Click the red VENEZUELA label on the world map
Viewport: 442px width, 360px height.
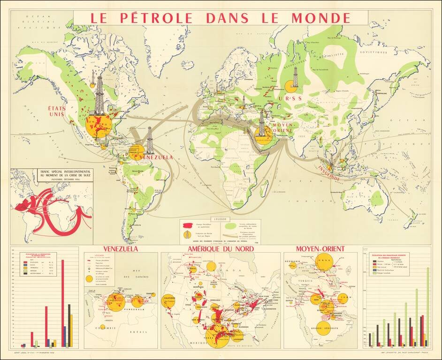coord(157,157)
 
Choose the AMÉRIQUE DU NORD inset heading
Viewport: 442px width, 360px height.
coord(221,248)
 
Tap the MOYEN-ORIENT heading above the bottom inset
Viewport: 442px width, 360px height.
coord(320,248)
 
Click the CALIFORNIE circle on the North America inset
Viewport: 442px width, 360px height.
coord(170,300)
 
